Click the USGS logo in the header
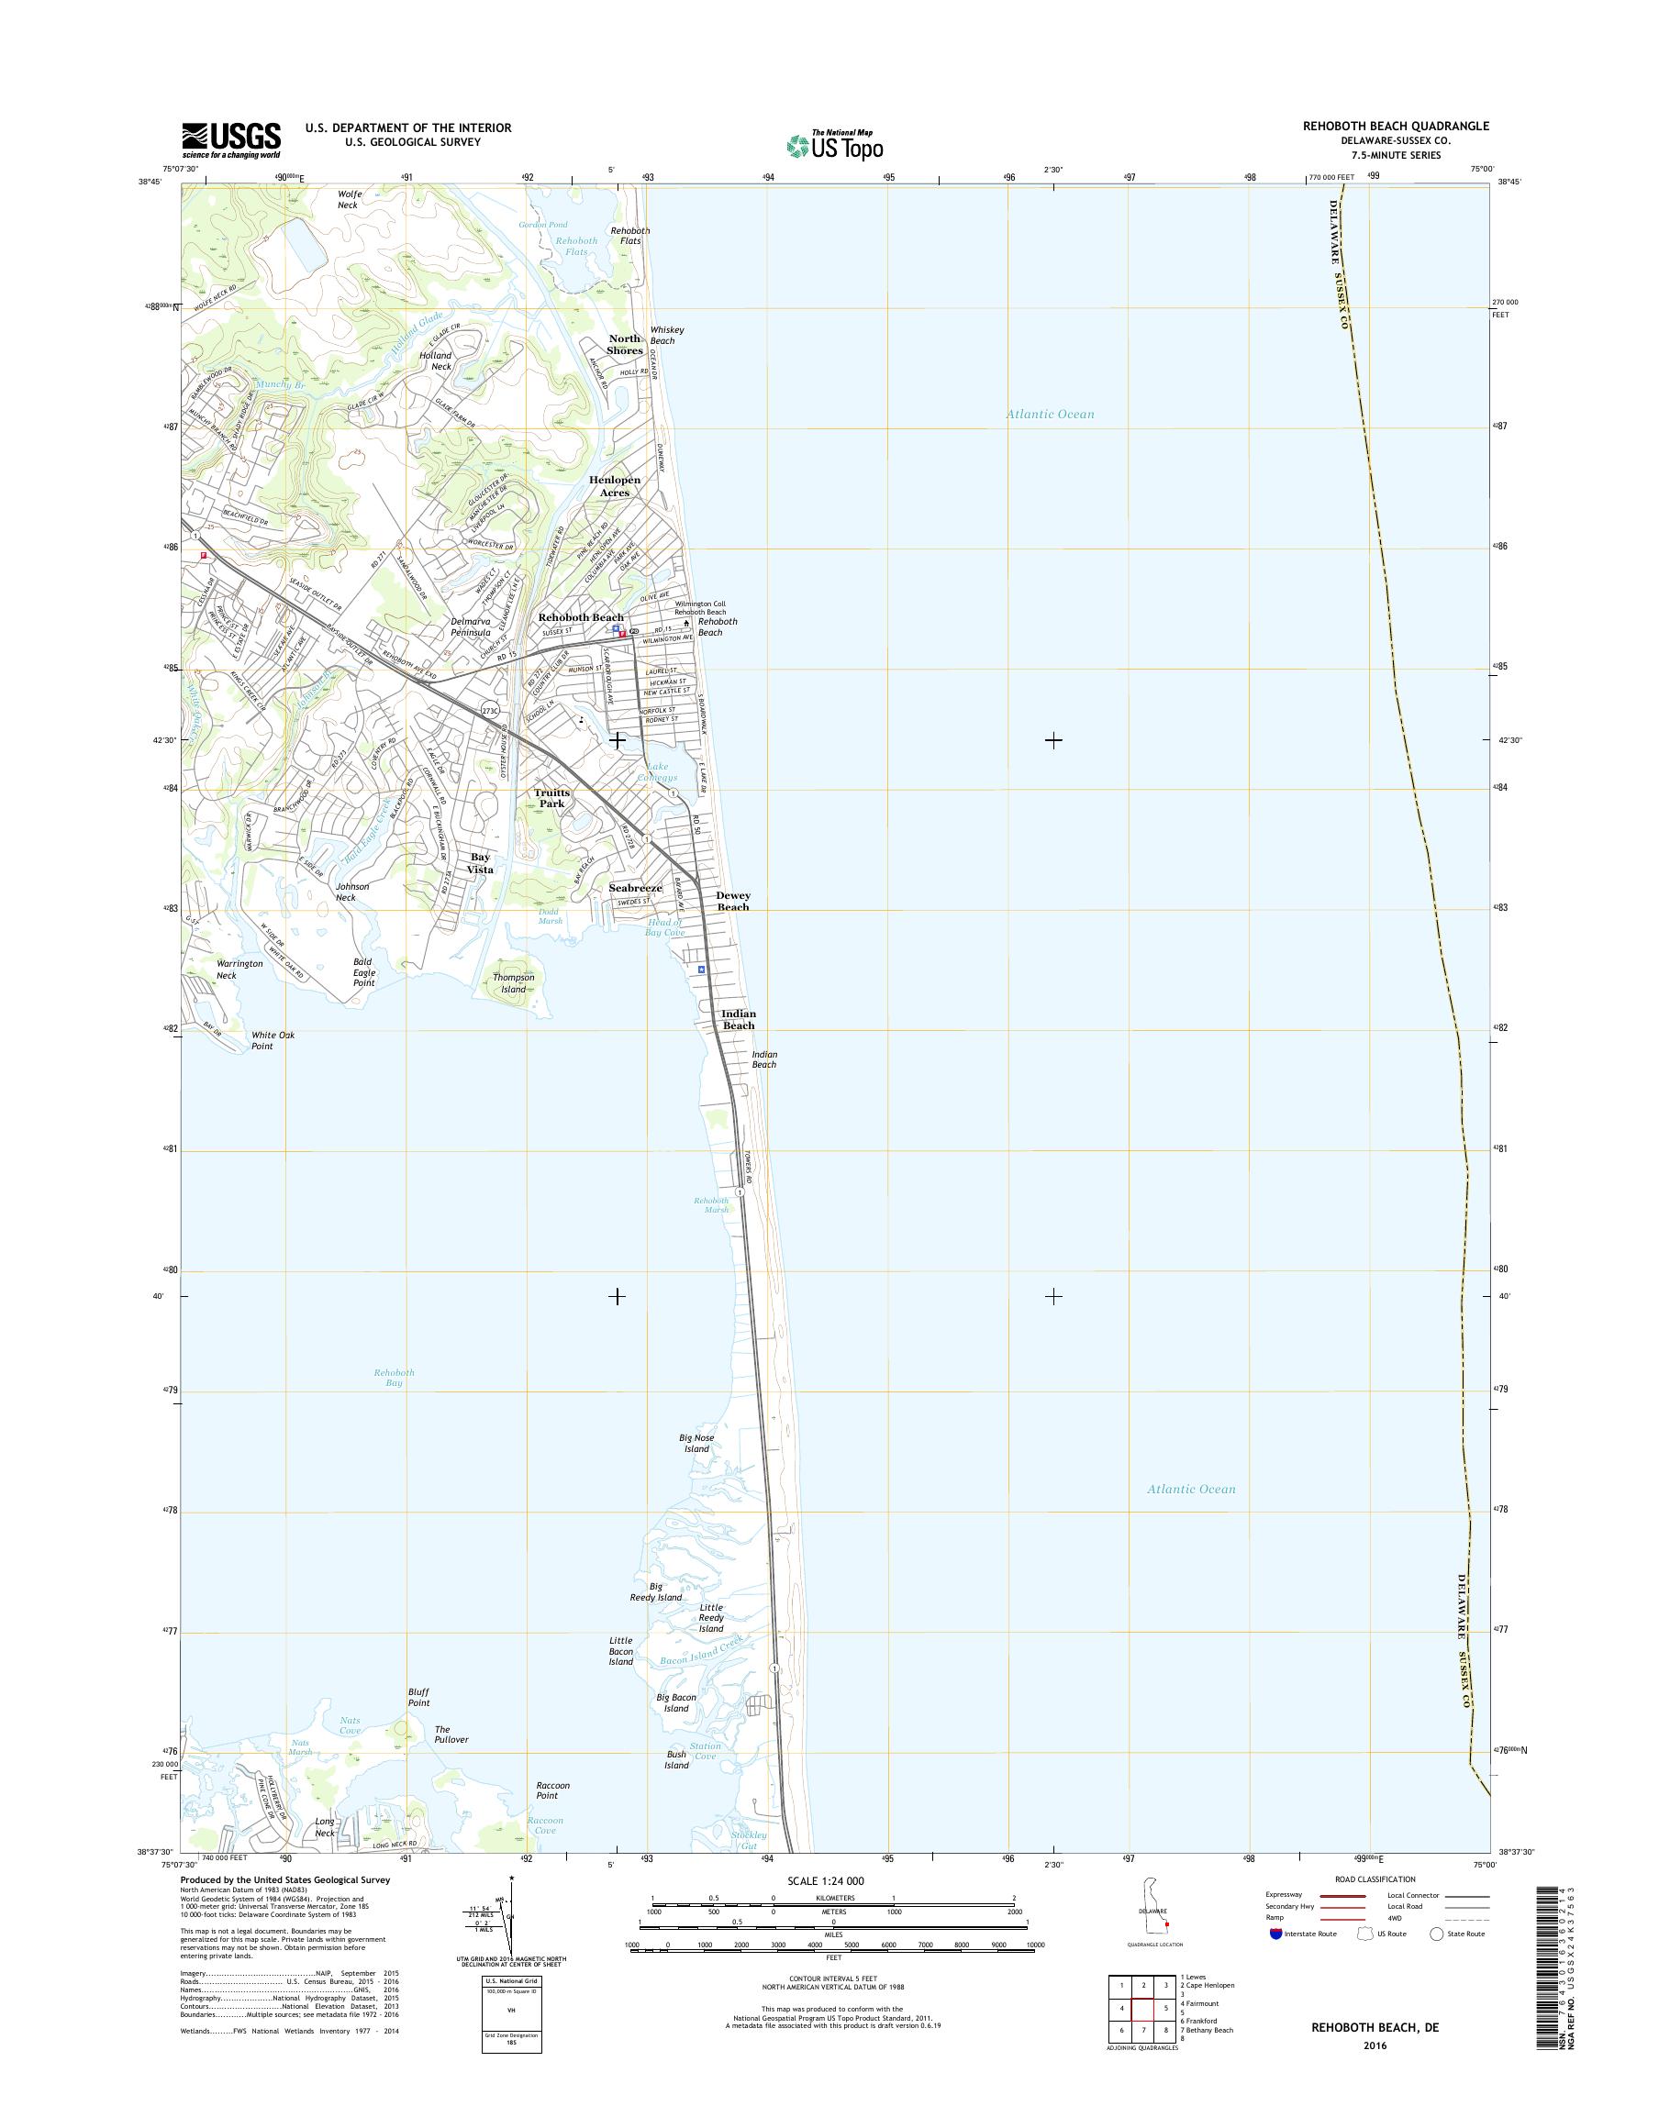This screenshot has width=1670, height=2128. (x=230, y=139)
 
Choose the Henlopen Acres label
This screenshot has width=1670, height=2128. (x=614, y=486)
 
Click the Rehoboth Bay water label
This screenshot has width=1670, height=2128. (x=394, y=1378)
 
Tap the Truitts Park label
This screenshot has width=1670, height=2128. (x=552, y=798)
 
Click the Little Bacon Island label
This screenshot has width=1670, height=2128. (x=621, y=1650)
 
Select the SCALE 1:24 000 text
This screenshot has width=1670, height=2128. (x=825, y=1880)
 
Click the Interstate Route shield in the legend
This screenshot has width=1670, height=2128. (x=1275, y=1934)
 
